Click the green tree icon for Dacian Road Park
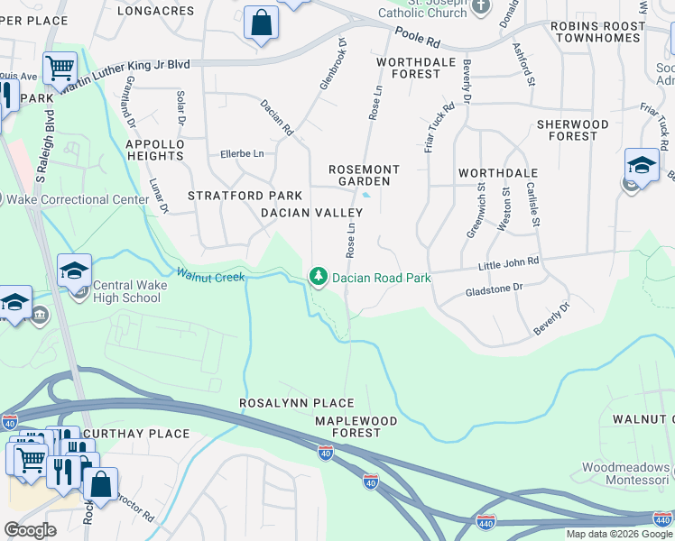click(x=318, y=276)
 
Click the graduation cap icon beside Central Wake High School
click(x=74, y=270)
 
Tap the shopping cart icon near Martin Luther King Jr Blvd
click(x=60, y=67)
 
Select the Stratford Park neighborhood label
click(x=232, y=196)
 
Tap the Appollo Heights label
click(x=154, y=150)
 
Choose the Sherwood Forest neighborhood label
click(x=572, y=130)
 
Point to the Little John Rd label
click(x=508, y=262)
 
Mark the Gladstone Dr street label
click(x=494, y=289)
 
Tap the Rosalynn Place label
click(x=296, y=403)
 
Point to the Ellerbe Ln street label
click(x=242, y=154)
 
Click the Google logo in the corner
click(x=31, y=530)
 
